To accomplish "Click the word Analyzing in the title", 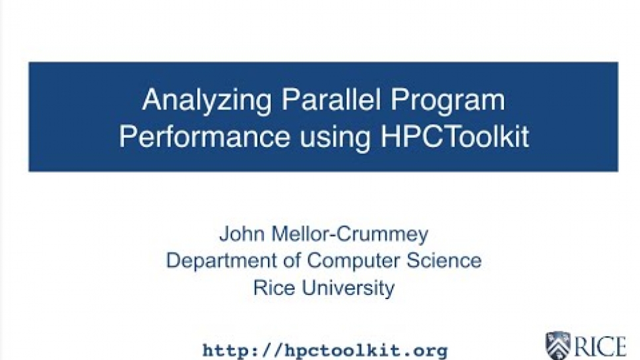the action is click(206, 100).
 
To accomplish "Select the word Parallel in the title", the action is click(331, 99).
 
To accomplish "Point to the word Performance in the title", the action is click(204, 137).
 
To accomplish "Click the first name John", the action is click(242, 234).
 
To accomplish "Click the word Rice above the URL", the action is click(274, 287).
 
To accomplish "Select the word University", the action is click(348, 288).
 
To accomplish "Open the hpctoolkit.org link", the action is click(325, 350).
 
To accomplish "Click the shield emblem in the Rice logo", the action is click(558, 345).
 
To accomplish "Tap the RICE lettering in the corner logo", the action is click(600, 347).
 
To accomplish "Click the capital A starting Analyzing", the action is click(152, 99).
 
